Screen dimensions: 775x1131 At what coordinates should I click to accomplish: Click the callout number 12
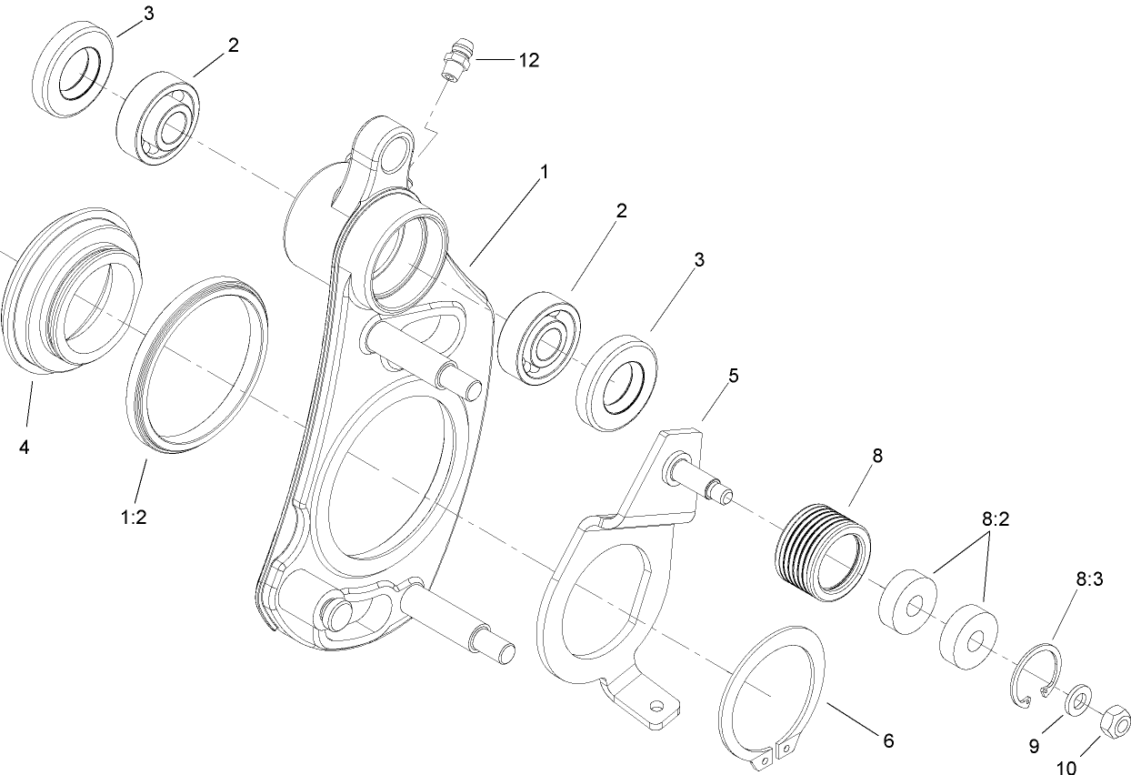coord(528,60)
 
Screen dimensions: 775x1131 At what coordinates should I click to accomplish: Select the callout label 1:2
coord(134,517)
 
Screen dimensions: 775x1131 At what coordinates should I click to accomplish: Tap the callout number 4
coord(24,447)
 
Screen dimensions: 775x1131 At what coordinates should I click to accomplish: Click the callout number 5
coord(733,376)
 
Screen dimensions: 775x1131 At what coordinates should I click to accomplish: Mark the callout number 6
coord(888,740)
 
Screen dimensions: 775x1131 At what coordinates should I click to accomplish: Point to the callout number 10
coord(1065,766)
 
